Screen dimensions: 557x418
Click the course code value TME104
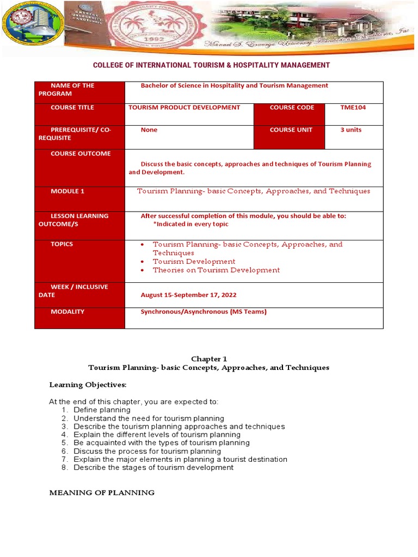pos(353,108)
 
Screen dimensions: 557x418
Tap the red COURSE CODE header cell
pos(292,108)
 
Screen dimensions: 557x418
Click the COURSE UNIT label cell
pos(292,130)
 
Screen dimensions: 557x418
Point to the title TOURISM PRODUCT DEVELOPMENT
pos(184,108)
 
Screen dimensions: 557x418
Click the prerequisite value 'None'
pos(149,130)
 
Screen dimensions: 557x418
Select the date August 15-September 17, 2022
pos(188,295)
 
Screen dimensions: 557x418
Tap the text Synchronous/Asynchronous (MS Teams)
pos(204,312)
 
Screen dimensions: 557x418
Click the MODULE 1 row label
pos(67,191)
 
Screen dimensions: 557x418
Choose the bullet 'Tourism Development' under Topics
pos(194,262)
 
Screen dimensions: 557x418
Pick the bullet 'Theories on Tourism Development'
pos(216,270)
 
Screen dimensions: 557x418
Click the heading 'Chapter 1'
pos(208,359)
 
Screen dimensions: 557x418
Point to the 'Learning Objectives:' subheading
pos(88,385)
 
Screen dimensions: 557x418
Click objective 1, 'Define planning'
pos(102,410)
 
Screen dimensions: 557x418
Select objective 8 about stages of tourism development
pos(153,467)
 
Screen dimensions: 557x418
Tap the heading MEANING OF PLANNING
pos(102,493)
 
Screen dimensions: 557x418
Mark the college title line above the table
pos(211,65)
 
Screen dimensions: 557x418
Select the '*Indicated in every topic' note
pos(190,224)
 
